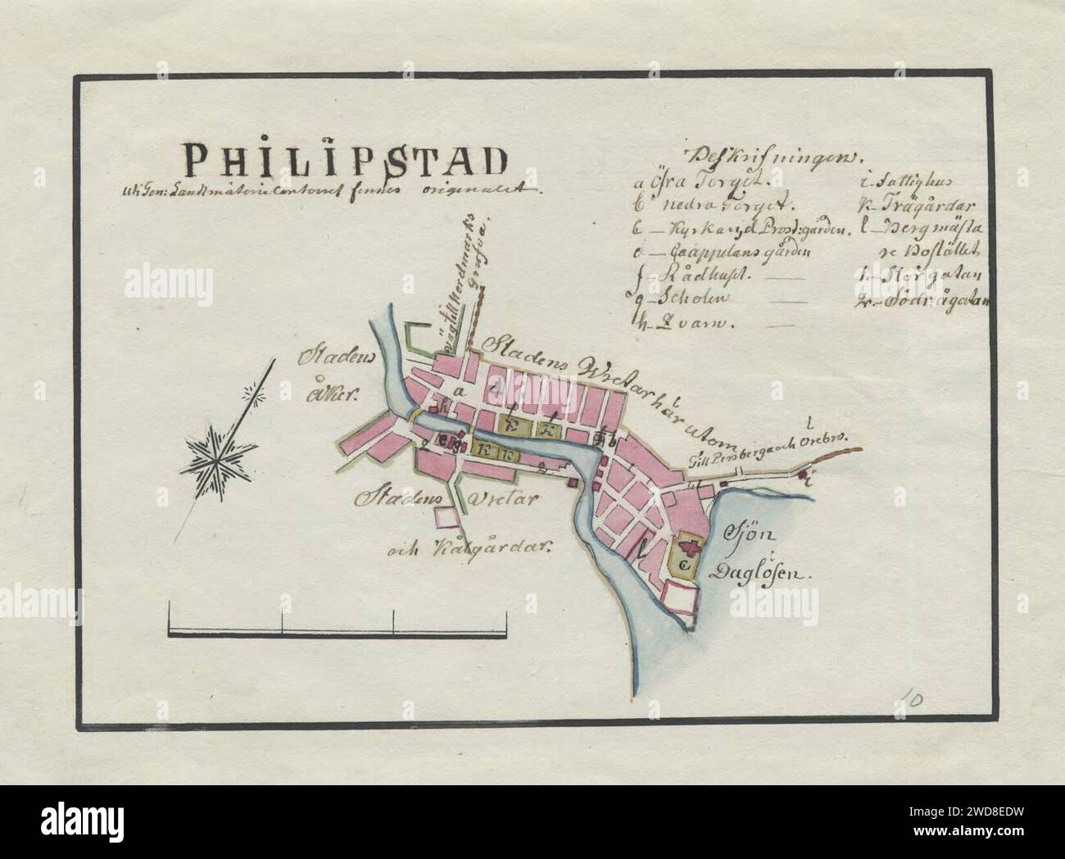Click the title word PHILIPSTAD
coord(343,161)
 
